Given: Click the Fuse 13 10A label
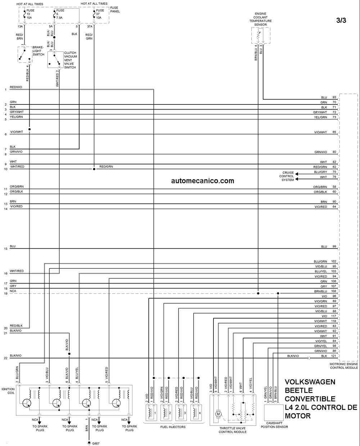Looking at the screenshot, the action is (x=30, y=14).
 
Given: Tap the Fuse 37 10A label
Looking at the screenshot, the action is (x=100, y=14).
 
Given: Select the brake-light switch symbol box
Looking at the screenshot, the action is (x=25, y=55).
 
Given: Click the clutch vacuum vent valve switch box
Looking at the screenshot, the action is (x=55, y=60).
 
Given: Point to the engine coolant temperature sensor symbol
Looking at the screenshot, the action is (x=261, y=35).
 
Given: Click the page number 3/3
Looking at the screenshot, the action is (x=341, y=20).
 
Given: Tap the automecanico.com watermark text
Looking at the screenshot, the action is (x=202, y=181).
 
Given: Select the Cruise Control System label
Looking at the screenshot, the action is (x=287, y=176).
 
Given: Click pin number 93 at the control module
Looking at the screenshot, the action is (x=334, y=97).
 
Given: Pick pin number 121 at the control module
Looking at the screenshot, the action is (x=334, y=356).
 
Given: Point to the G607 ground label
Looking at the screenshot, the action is (x=96, y=443).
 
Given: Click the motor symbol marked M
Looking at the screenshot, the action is (x=218, y=414).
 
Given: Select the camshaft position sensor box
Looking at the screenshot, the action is (x=274, y=412).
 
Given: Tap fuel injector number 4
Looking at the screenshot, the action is (x=196, y=412).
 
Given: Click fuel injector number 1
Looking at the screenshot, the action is (x=151, y=412).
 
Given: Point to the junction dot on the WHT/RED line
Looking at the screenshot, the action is (x=94, y=169).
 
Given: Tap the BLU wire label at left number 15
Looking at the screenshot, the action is (x=13, y=246).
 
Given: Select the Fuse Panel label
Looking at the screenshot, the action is (x=115, y=9).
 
